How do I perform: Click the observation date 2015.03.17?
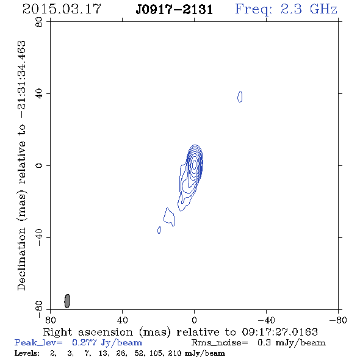point(62,9)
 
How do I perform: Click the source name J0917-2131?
point(175,10)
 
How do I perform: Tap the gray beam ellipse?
point(67,301)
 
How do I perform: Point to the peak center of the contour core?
point(195,165)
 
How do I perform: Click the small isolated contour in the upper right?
point(240,96)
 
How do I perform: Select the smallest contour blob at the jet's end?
point(159,230)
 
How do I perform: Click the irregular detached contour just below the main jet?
point(169,217)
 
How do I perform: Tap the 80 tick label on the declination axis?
point(39,22)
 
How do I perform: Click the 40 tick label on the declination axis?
point(39,94)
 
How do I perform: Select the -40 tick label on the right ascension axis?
point(266,320)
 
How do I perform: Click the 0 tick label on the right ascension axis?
point(194,320)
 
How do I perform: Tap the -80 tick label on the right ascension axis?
point(338,320)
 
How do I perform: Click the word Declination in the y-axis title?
point(21,259)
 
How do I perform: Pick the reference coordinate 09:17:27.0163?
point(280,332)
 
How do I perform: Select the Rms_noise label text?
point(220,343)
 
